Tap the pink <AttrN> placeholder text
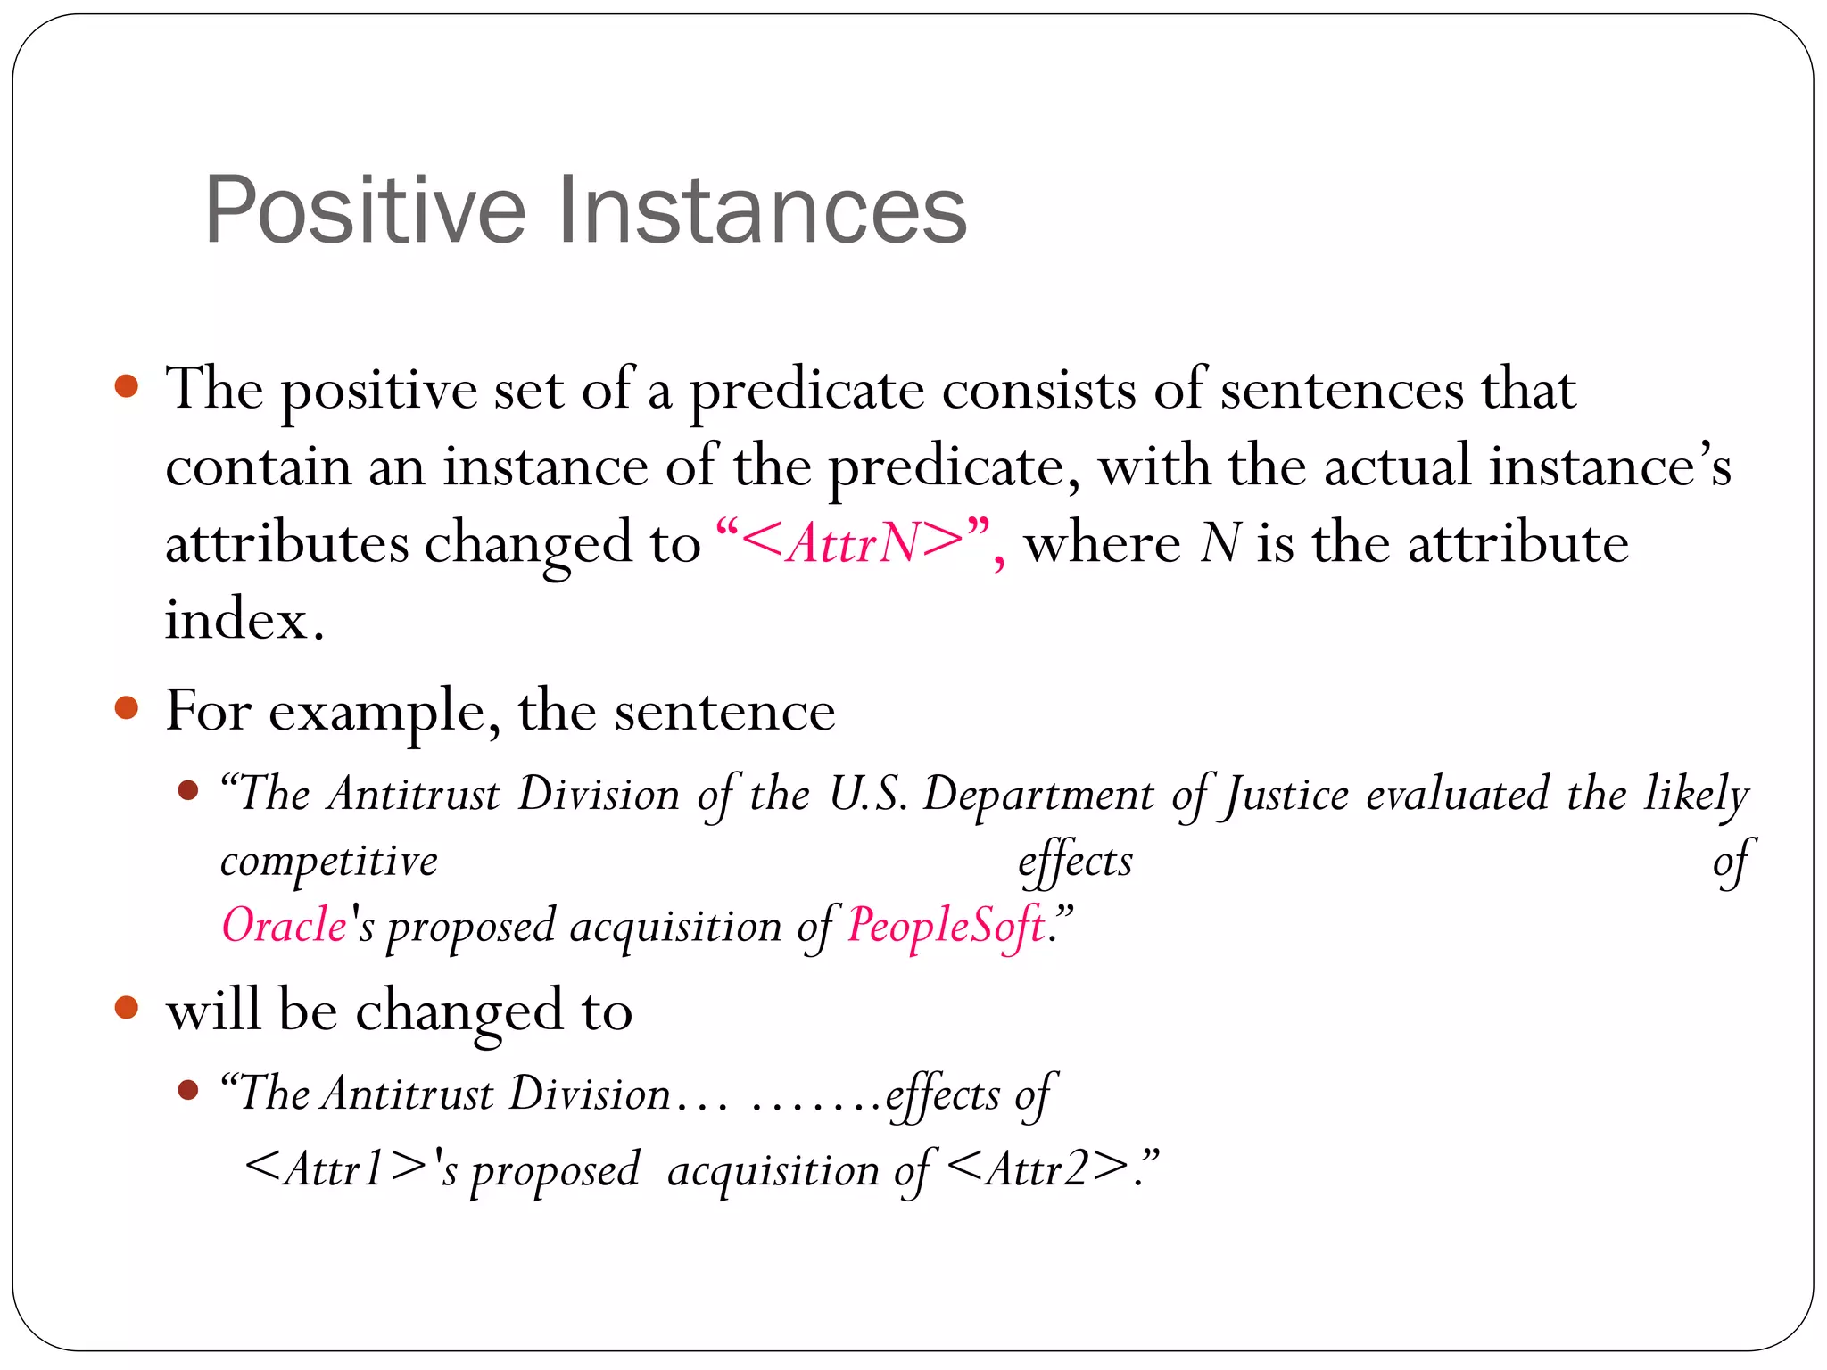tap(852, 541)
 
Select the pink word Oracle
tap(284, 925)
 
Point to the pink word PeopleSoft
tap(946, 925)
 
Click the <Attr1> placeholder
tap(335, 1168)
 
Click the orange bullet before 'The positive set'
tap(128, 386)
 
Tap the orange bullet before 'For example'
tap(128, 708)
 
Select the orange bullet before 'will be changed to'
tap(128, 1008)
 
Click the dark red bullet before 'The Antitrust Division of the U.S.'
tap(187, 790)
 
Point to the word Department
tap(1038, 794)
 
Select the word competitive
tap(329, 862)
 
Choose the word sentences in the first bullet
tap(1342, 390)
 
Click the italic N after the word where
tap(1220, 542)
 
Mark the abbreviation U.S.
tap(868, 794)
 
